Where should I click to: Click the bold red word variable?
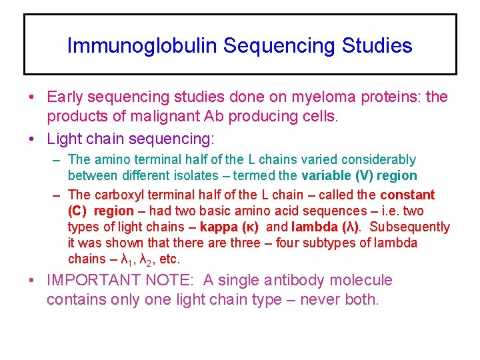point(327,176)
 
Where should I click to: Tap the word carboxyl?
point(125,195)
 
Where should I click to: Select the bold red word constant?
point(407,195)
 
